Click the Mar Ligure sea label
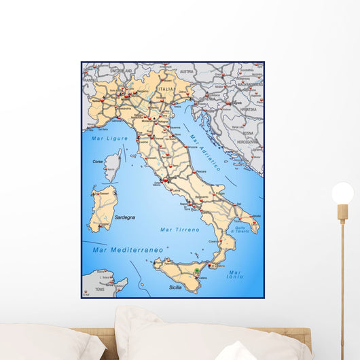point(105,138)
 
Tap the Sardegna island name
point(124,217)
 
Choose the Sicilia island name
point(175,288)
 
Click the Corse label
point(98,162)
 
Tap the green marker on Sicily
point(197,270)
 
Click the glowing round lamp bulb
point(342,193)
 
